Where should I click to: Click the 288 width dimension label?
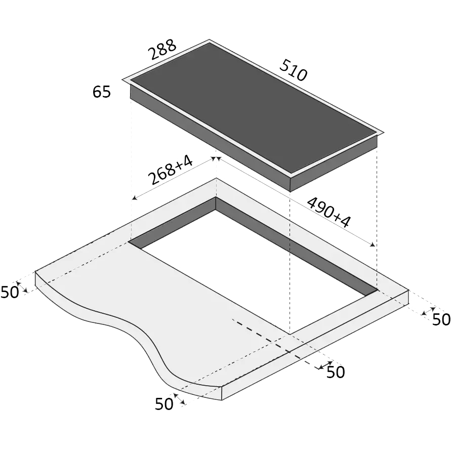point(162,49)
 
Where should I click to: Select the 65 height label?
point(102,92)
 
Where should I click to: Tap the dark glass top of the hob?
point(253,108)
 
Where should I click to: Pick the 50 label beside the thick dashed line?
point(336,372)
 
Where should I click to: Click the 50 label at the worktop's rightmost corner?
point(441,319)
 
